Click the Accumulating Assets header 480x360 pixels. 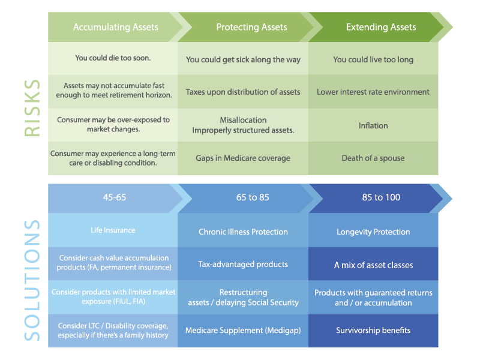[x=116, y=27]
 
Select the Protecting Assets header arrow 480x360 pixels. [x=251, y=27]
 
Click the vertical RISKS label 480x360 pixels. [x=32, y=108]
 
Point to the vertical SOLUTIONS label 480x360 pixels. [x=32, y=280]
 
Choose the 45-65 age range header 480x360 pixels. [x=115, y=197]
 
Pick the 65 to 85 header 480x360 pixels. [x=253, y=197]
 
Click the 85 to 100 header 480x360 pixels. [x=381, y=197]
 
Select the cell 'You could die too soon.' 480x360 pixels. [x=113, y=58]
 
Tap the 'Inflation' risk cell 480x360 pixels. [x=373, y=125]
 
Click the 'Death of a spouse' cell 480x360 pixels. [x=373, y=158]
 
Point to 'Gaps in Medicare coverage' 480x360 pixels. [x=243, y=158]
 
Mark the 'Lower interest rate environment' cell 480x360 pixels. [x=373, y=92]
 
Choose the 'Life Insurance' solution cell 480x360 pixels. [x=113, y=230]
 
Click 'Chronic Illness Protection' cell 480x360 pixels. [x=243, y=232]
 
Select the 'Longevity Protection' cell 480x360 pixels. [x=373, y=232]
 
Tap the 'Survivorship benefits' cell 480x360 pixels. [x=373, y=331]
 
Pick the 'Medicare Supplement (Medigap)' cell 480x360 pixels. [x=243, y=331]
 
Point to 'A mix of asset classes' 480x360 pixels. [x=373, y=265]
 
